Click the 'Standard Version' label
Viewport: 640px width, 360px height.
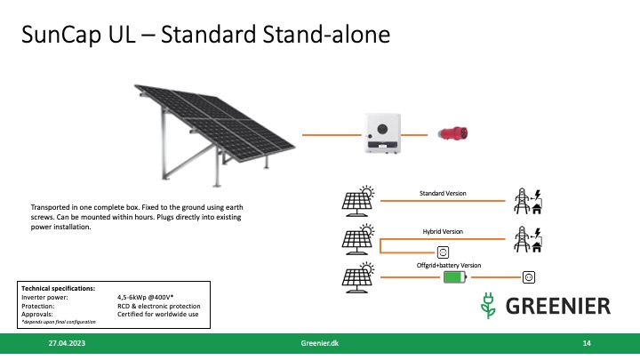pyautogui.click(x=442, y=193)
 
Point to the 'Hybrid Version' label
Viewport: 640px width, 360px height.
pyautogui.click(x=442, y=230)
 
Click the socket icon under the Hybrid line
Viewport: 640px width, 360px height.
pyautogui.click(x=445, y=252)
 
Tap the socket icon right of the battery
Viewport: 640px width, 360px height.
pyautogui.click(x=531, y=277)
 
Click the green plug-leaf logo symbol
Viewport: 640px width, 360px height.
pyautogui.click(x=486, y=305)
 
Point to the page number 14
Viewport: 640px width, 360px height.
pyautogui.click(x=587, y=343)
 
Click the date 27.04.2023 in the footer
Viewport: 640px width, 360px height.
pyautogui.click(x=67, y=343)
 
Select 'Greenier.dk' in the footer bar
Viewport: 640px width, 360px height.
pyautogui.click(x=320, y=343)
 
